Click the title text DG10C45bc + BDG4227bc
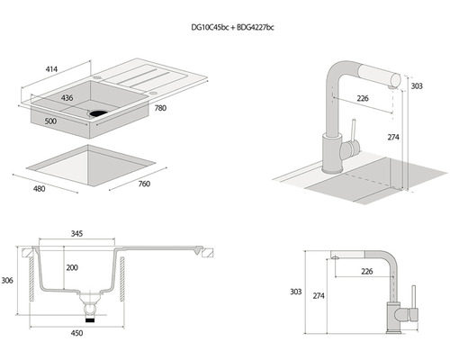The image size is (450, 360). (232, 27)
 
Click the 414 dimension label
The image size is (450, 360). (51, 69)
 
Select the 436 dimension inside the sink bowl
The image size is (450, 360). (67, 98)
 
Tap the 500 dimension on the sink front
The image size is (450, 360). (50, 121)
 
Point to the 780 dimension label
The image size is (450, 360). (160, 108)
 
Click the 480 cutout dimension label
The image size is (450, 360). (40, 189)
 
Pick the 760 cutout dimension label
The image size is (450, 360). (144, 184)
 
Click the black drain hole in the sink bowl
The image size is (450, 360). (98, 114)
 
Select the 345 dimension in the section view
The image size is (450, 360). (76, 233)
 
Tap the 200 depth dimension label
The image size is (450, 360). (72, 267)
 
